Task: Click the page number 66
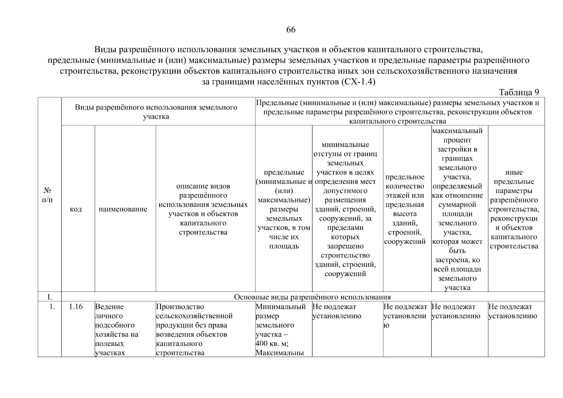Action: tap(291, 30)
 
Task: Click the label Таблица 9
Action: tap(519, 92)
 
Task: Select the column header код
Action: tap(76, 209)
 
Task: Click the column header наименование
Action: tap(123, 209)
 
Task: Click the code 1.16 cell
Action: tap(76, 307)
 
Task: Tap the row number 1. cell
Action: tap(52, 307)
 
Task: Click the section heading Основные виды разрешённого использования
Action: tap(312, 297)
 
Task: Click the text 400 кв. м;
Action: tap(272, 344)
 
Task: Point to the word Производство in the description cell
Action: tap(180, 307)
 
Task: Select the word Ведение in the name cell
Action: tap(109, 307)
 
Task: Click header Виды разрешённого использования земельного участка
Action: tap(156, 112)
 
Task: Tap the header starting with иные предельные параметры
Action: tap(514, 209)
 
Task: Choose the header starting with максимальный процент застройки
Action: tap(457, 209)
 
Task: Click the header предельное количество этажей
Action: tap(405, 209)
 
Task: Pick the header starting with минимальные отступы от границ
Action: tap(345, 209)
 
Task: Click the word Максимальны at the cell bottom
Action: tap(280, 353)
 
